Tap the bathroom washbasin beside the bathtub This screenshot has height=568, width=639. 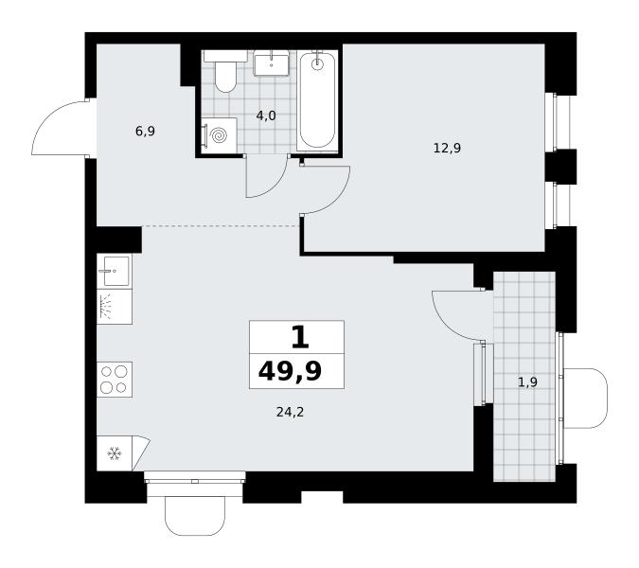point(271,62)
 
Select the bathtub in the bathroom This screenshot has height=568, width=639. point(317,100)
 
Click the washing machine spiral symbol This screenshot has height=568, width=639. point(219,135)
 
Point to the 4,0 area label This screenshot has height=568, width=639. point(266,116)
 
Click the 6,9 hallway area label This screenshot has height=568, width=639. point(145,132)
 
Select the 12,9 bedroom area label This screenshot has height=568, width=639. point(447,148)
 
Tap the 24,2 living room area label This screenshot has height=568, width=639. point(291,413)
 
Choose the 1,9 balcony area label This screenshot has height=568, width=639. point(527,382)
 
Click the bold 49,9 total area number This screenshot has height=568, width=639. point(291,371)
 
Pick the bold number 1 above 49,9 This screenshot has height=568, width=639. point(300,338)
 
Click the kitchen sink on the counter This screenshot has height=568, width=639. point(115,271)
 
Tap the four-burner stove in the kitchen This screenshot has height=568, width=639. point(115,380)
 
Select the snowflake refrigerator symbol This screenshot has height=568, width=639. point(115,453)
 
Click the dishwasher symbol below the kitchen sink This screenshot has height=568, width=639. point(115,307)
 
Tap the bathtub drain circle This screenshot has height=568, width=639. point(317,63)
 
